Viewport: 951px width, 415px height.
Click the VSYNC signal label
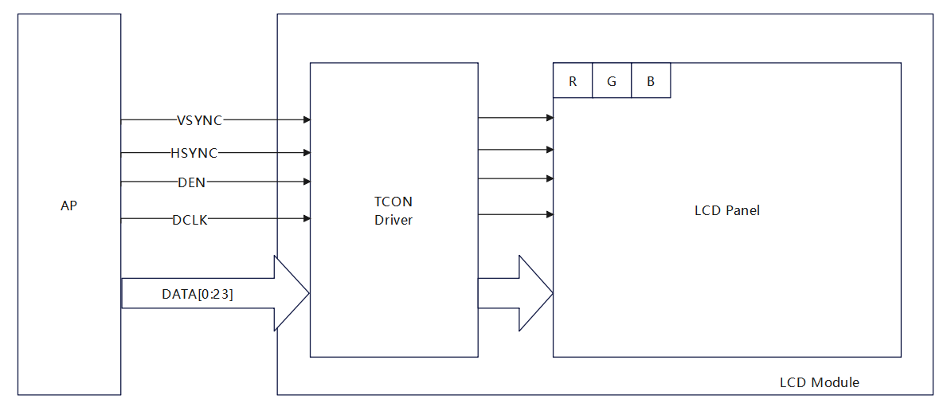click(199, 120)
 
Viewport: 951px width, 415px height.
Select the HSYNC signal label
click(194, 152)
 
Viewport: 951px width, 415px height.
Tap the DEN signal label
click(192, 182)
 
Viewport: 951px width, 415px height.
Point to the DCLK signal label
click(190, 219)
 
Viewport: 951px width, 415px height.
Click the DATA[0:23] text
click(198, 294)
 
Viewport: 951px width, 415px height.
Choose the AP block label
click(69, 206)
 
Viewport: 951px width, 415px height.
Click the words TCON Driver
click(393, 211)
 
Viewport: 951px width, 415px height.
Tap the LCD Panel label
click(726, 211)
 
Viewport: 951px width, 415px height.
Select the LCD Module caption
click(819, 382)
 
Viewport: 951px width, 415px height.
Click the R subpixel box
click(573, 81)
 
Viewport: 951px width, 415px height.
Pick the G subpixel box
click(612, 81)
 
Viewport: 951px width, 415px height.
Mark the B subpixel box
click(651, 81)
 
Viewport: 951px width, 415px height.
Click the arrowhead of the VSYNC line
click(306, 120)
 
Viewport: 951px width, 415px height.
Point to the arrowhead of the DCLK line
click(306, 218)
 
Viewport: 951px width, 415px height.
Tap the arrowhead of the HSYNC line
click(306, 152)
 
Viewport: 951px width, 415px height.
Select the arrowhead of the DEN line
click(306, 182)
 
